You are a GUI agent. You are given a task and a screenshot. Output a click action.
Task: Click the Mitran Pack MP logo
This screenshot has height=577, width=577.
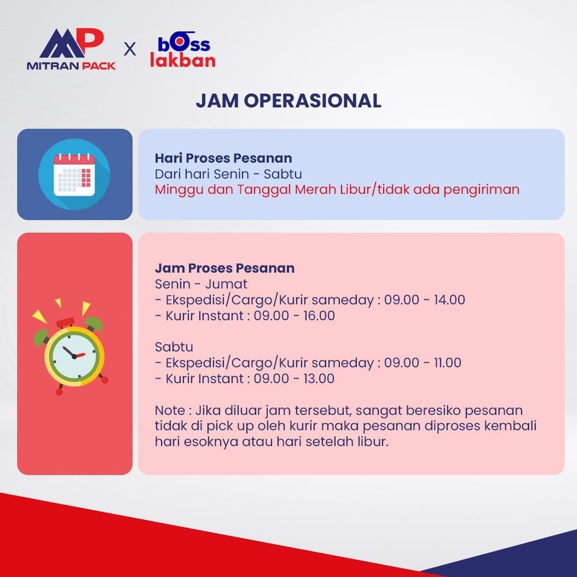(71, 48)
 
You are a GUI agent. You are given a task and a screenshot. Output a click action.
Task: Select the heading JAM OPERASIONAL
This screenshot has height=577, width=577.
(288, 100)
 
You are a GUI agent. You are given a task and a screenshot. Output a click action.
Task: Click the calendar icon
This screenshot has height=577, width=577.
(74, 174)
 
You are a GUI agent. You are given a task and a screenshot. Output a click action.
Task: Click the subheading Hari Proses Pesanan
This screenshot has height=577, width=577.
(223, 158)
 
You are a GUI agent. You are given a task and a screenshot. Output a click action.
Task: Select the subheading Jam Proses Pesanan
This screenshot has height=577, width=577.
(224, 268)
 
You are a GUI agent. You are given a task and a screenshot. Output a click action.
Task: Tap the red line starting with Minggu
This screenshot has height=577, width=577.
(337, 189)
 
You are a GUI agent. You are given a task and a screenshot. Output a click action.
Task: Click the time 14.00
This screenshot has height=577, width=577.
(449, 300)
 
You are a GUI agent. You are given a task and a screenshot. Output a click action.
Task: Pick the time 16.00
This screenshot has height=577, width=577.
(319, 316)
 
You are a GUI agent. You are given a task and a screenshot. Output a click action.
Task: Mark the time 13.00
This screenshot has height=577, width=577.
(319, 379)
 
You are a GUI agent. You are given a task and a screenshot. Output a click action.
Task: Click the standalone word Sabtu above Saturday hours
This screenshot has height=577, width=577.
(174, 347)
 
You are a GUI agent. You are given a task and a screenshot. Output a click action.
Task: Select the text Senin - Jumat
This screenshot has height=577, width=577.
(201, 284)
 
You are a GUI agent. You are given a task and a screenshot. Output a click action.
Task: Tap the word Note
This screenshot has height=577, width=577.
(170, 410)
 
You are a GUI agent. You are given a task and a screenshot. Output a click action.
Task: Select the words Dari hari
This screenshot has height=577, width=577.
(181, 174)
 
